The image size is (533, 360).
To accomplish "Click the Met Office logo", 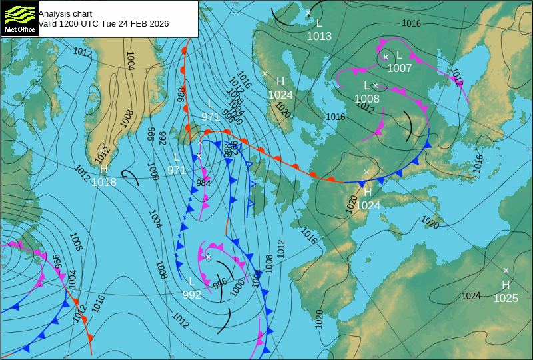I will pyautogui.click(x=19, y=19).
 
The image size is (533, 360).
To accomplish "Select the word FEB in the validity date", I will pyautogui.click(x=130, y=23).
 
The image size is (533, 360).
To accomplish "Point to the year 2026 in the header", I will pyautogui.click(x=157, y=23).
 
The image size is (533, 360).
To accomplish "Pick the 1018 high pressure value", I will pyautogui.click(x=103, y=182).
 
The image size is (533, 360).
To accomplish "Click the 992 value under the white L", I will pyautogui.click(x=192, y=295).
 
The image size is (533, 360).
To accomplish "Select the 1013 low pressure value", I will pyautogui.click(x=319, y=36).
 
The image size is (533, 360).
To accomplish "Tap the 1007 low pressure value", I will pyautogui.click(x=400, y=68).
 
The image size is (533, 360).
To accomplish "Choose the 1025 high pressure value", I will pyautogui.click(x=506, y=298).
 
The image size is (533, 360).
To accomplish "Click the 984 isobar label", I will pyautogui.click(x=203, y=183).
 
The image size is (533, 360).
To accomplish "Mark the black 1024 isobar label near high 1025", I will pyautogui.click(x=471, y=295).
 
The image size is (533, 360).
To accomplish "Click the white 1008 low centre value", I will pyautogui.click(x=367, y=99).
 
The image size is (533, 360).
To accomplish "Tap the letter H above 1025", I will pyautogui.click(x=506, y=285).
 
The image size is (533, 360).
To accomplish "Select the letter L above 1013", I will pyautogui.click(x=319, y=23).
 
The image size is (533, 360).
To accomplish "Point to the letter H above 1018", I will pyautogui.click(x=103, y=169).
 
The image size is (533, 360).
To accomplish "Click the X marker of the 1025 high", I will pyautogui.click(x=506, y=270).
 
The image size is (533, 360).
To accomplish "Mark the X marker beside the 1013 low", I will pyautogui.click(x=308, y=13).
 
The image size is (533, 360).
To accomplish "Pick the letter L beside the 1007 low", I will pyautogui.click(x=399, y=55).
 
